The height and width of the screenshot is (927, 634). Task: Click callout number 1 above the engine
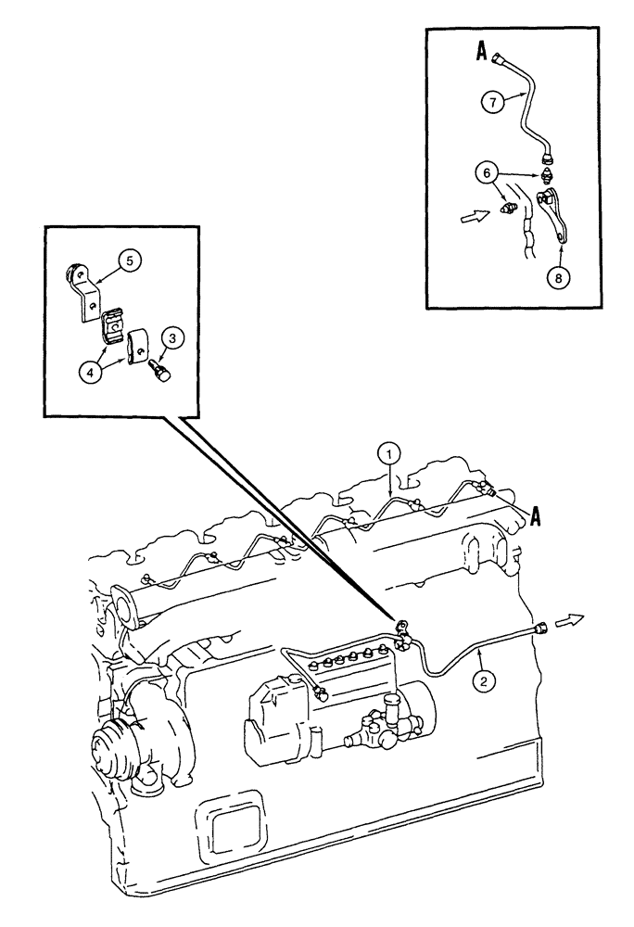pyautogui.click(x=391, y=453)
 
